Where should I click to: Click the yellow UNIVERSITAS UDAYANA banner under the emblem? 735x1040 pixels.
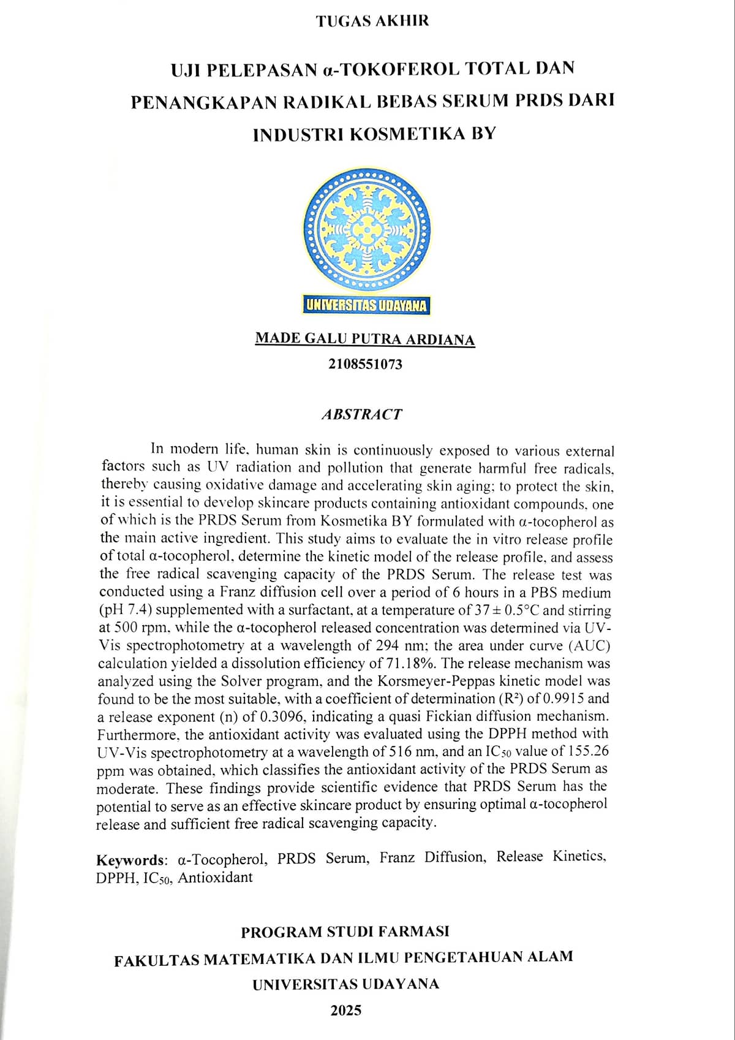pos(367,305)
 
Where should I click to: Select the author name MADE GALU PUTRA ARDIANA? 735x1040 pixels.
pos(364,338)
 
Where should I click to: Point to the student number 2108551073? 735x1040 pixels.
pos(365,364)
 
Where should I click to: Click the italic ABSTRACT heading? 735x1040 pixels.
pos(362,414)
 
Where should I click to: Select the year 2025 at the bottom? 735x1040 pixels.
pos(346,1011)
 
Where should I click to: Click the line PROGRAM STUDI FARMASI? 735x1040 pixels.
pos(345,932)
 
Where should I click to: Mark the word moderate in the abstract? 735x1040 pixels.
pos(127,788)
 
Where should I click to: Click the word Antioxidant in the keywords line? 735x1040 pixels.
pos(215,877)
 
